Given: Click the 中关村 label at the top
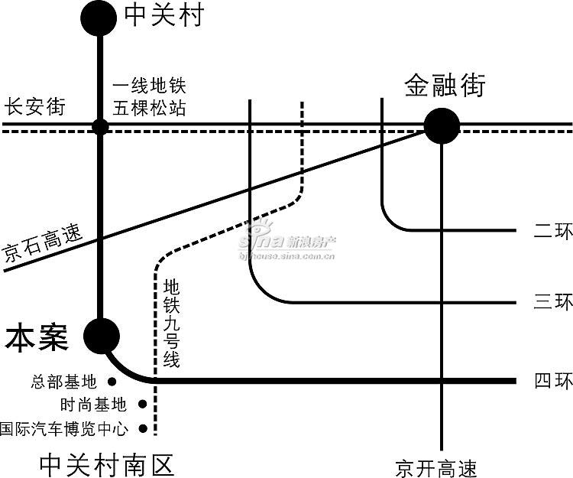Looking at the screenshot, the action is point(164,15).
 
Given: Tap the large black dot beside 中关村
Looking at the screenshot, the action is point(99,18).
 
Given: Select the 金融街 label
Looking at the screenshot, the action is point(445,85).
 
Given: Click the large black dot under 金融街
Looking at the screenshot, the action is point(442,125).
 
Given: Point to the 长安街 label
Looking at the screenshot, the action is point(34,106).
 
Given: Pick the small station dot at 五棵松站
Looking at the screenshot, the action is point(100,127).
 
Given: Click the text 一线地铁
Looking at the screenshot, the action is point(150,86).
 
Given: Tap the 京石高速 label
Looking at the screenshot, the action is point(42,243).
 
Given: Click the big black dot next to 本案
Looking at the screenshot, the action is point(102,336).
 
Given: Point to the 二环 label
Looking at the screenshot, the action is point(553,230).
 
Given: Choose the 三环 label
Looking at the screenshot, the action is point(553,302).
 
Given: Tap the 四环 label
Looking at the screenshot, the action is point(553,380).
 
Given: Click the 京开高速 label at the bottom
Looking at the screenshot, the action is point(436,468).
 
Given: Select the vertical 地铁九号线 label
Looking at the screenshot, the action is point(171,323).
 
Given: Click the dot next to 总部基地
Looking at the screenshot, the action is point(112,382).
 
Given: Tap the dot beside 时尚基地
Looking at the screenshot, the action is point(143,404).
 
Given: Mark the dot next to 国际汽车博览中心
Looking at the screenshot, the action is point(143,428).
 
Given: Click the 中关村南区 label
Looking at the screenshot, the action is point(106,465).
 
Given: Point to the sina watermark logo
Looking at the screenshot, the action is point(286,239).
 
